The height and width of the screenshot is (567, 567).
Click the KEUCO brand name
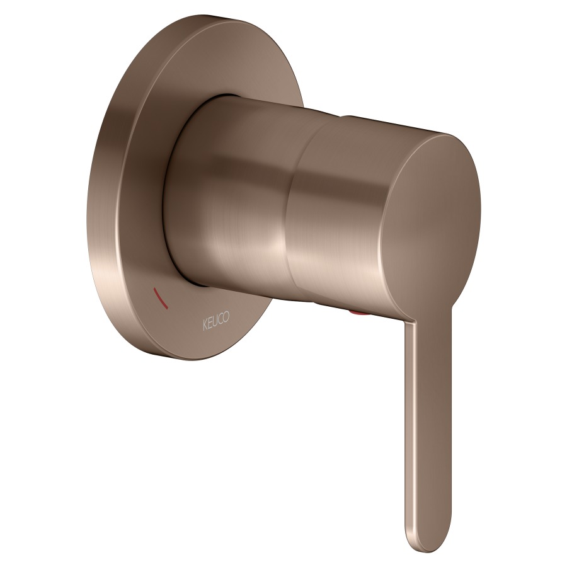pyautogui.click(x=216, y=321)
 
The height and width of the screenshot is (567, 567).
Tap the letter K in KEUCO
pyautogui.click(x=205, y=326)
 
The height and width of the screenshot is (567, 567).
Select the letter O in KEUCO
pyautogui.click(x=226, y=316)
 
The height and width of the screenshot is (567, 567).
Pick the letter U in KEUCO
pyautogui.click(x=216, y=321)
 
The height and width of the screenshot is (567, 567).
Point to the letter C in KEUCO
pyautogui.click(x=221, y=319)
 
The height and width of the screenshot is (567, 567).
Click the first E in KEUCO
pyautogui.click(x=210, y=323)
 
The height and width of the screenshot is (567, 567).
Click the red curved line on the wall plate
pyautogui.click(x=160, y=299)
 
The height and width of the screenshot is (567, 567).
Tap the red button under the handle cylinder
pyautogui.click(x=360, y=312)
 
